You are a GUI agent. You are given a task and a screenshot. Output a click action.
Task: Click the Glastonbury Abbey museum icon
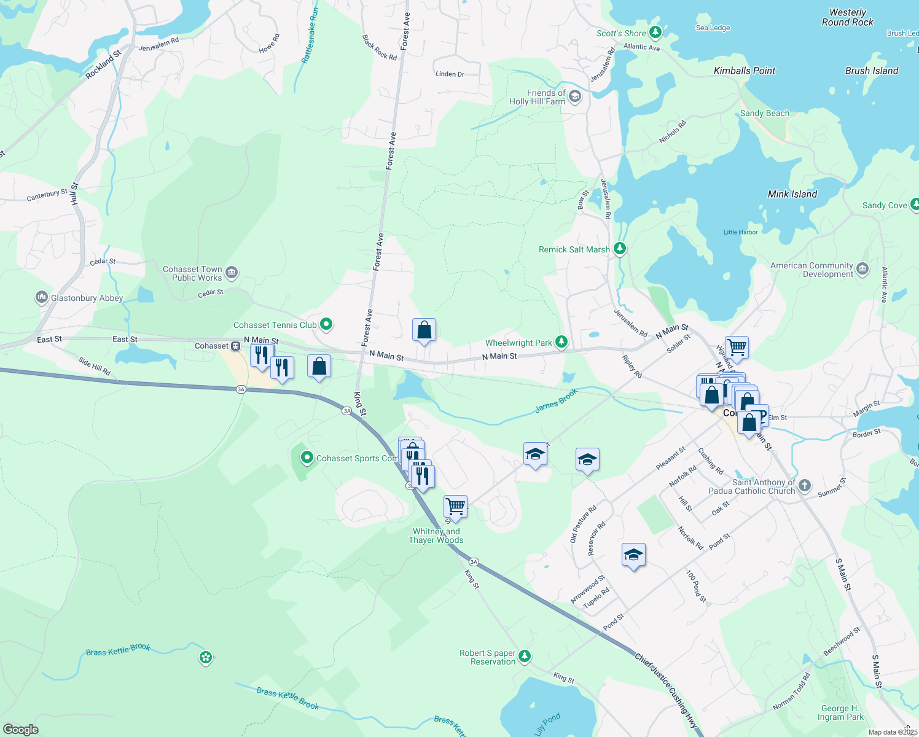coord(41,298)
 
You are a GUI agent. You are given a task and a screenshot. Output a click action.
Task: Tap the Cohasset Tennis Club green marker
coord(326,324)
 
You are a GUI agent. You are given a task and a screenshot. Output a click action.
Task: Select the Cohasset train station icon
coord(236,346)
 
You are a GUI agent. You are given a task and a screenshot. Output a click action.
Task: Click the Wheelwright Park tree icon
coord(561,342)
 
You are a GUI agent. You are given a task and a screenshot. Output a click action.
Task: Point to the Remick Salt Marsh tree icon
coord(620,249)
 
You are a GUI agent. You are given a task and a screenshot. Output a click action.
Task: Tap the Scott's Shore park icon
coord(655,32)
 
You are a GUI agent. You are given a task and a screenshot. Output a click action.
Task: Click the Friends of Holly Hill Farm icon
coord(575,97)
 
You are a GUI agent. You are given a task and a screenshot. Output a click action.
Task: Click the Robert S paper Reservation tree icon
coord(524,657)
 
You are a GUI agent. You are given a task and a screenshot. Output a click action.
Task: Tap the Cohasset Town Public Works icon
coord(232,273)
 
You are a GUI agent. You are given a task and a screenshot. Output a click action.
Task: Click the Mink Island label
coord(792,194)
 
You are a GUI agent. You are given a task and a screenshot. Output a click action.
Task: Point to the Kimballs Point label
coord(745,71)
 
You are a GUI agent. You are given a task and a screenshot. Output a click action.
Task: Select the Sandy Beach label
coord(765,113)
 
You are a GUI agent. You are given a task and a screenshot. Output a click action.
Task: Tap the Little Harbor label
coord(740,232)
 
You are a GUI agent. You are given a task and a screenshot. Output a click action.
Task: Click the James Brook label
coord(556,400)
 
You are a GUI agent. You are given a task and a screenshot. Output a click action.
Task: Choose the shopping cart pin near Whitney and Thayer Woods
coord(455,507)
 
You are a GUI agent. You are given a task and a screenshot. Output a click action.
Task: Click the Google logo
coord(21,729)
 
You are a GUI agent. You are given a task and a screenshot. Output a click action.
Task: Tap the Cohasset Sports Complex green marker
coord(307,458)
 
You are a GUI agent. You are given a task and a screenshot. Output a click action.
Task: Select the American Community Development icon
coord(862,269)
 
